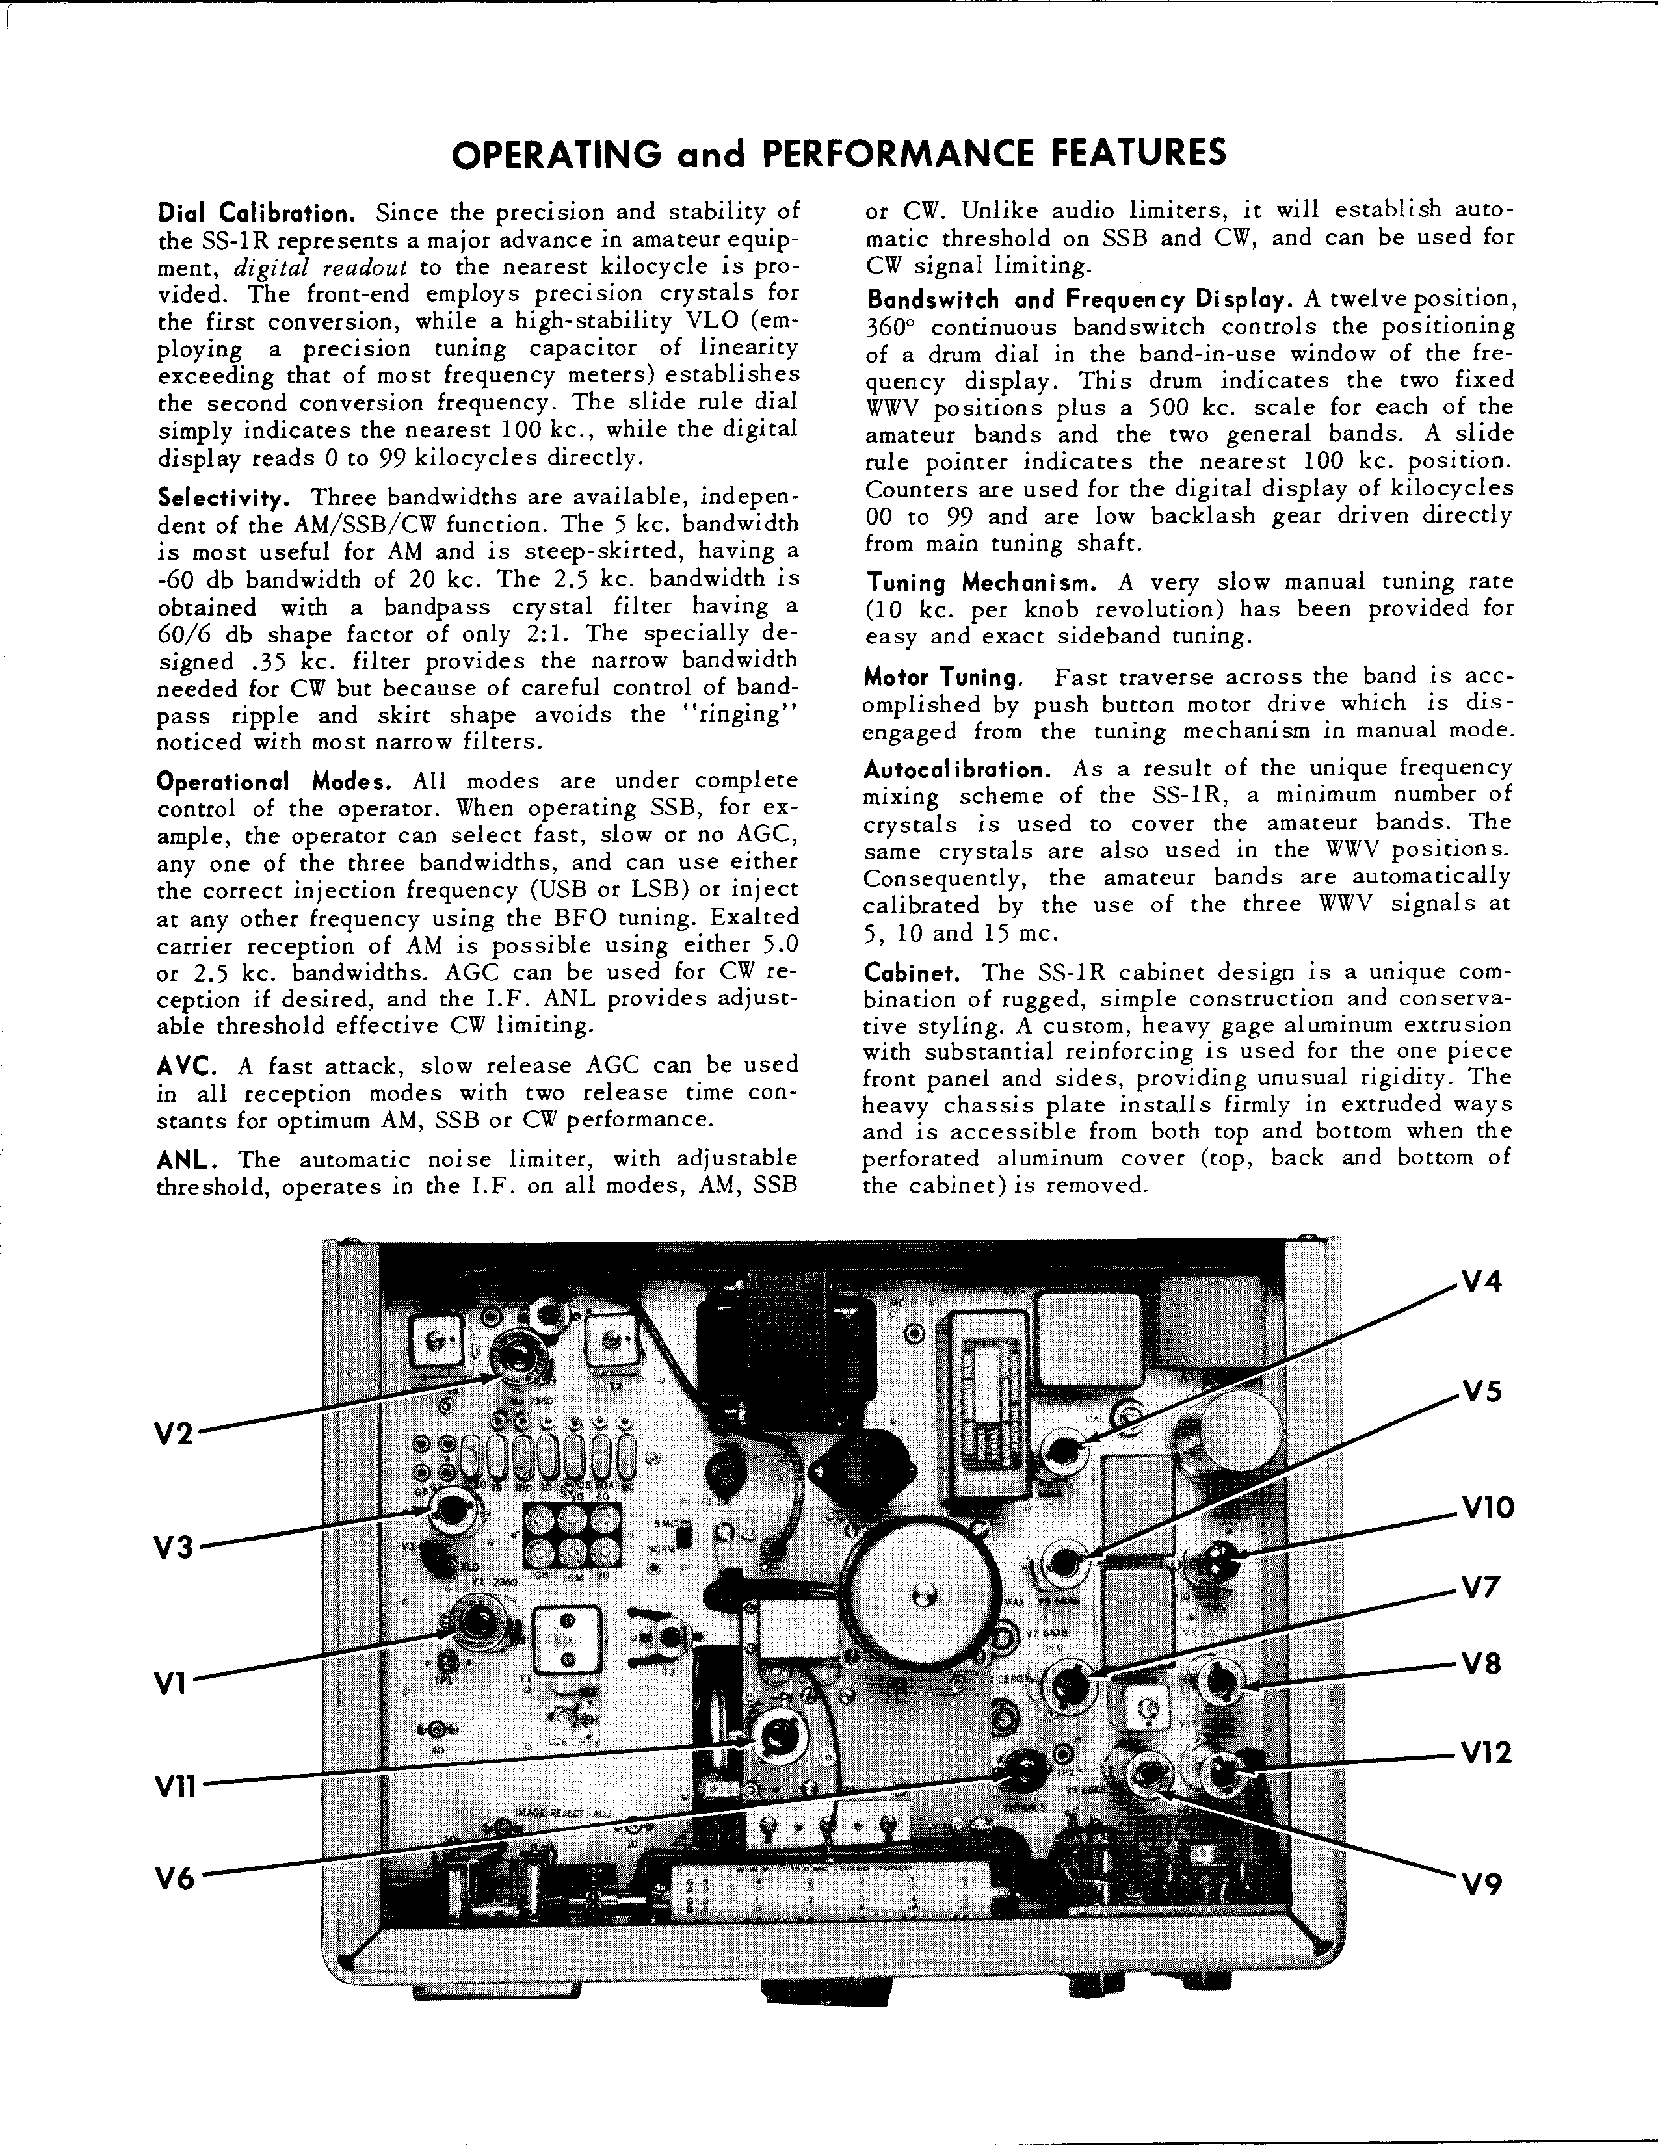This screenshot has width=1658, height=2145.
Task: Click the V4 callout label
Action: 1482,1282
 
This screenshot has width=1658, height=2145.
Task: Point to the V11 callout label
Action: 177,1787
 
